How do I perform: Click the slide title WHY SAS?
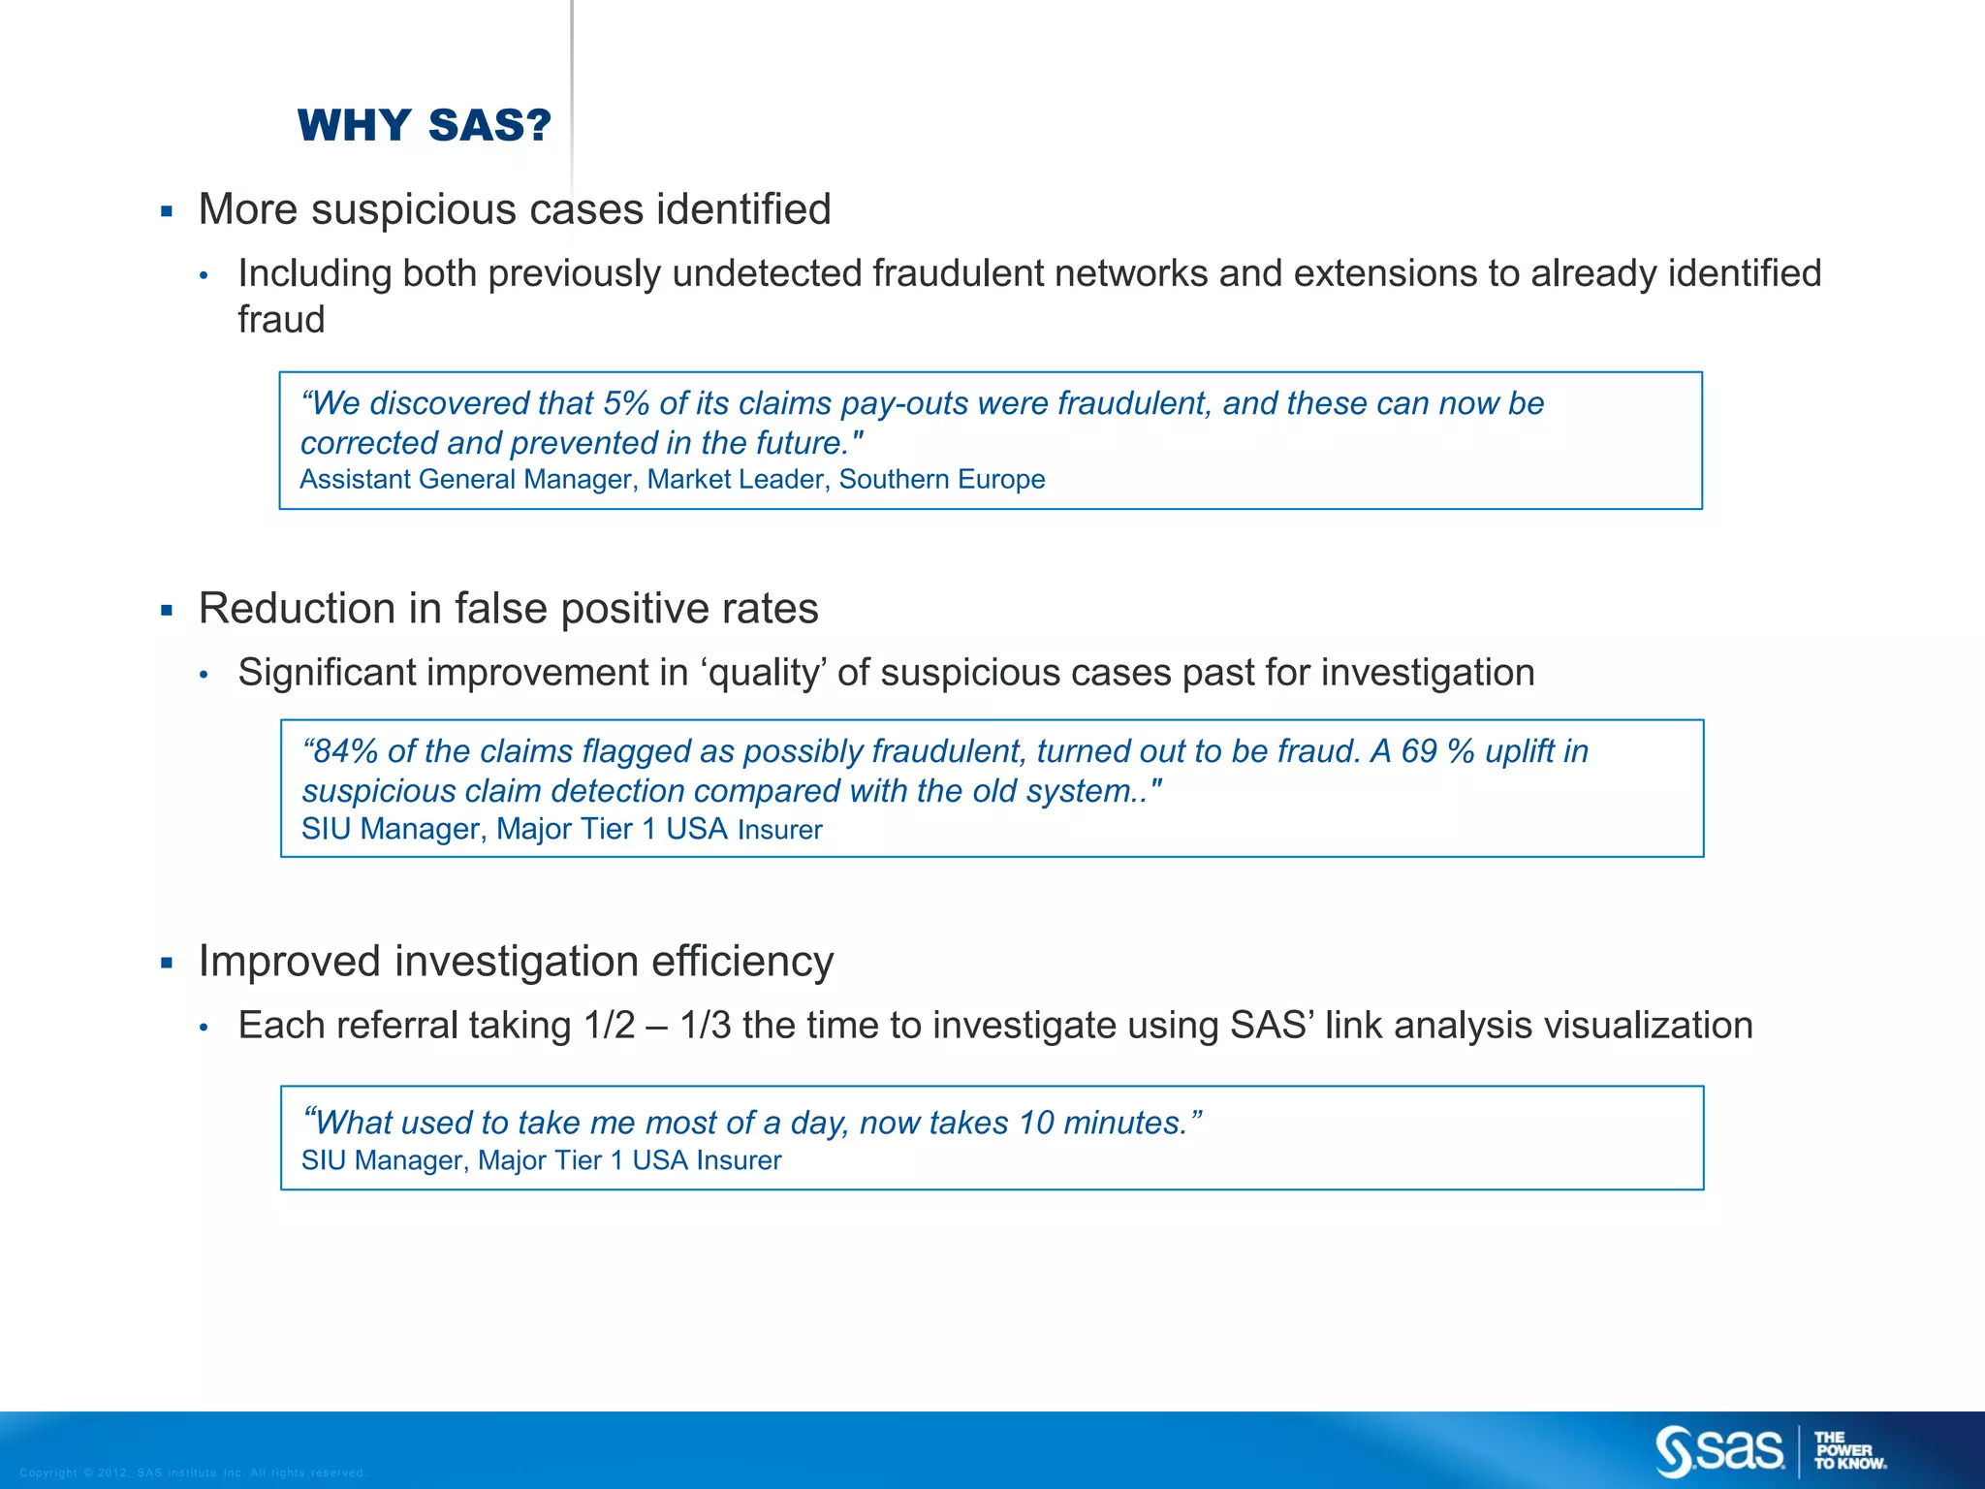tap(425, 126)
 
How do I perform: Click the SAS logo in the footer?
tap(1718, 1450)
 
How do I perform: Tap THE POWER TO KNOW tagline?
tap(1849, 1451)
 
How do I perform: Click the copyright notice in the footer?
tap(193, 1473)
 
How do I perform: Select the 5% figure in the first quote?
tap(625, 403)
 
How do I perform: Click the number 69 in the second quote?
tap(1419, 751)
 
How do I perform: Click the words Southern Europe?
tap(941, 480)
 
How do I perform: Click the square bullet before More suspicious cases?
tap(167, 211)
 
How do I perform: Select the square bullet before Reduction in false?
tap(167, 611)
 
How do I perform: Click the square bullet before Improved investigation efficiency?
tap(167, 964)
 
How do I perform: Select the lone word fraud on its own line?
tap(281, 320)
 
